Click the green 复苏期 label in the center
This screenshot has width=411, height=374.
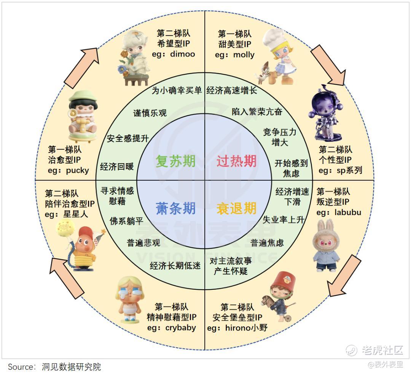click(175, 161)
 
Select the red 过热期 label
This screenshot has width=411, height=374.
click(236, 161)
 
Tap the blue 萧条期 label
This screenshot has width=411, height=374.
click(175, 209)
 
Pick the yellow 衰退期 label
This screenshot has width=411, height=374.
click(236, 209)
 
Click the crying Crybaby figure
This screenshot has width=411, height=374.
click(130, 299)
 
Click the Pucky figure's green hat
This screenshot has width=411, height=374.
click(83, 97)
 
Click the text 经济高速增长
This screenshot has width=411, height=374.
click(231, 90)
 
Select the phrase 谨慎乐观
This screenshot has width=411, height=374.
click(150, 113)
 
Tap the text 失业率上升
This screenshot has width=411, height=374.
click(284, 220)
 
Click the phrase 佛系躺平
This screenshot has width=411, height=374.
click(126, 221)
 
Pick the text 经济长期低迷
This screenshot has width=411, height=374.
click(175, 266)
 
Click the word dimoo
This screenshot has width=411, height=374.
click(182, 54)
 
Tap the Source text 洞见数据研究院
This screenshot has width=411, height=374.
click(71, 367)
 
